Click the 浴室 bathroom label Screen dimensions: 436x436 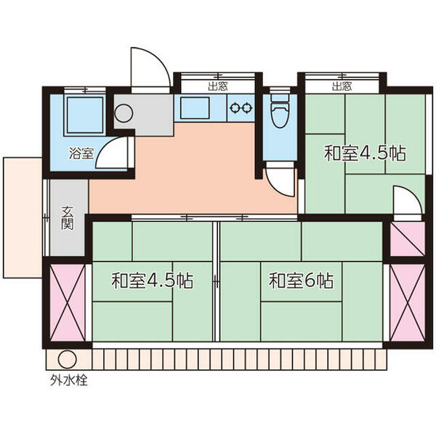[81, 153]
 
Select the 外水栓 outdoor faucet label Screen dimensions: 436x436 [68, 381]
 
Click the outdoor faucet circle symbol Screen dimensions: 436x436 [66, 359]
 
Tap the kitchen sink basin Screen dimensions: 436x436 [194, 108]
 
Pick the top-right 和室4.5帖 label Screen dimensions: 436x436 [365, 153]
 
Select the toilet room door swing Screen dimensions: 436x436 [279, 178]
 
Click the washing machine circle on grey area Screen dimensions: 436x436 [124, 114]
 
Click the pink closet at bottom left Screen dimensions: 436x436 [67, 304]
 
